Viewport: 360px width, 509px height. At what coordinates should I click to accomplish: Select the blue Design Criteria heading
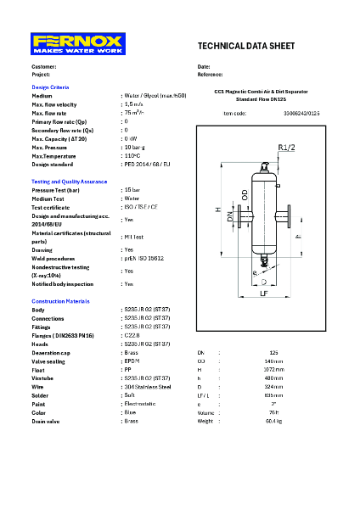point(50,88)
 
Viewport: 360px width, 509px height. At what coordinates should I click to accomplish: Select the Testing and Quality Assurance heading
point(69,182)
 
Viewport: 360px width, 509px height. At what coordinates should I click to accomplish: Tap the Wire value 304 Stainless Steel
point(148,386)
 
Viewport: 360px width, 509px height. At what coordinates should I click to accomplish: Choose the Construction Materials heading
point(60,301)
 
